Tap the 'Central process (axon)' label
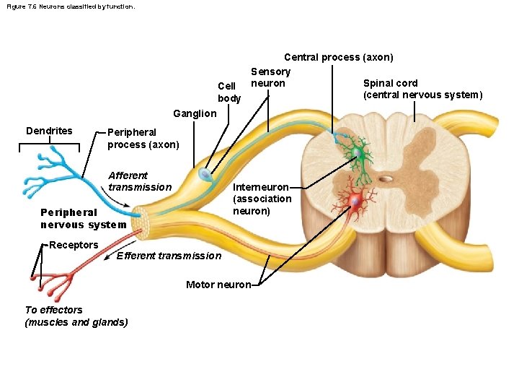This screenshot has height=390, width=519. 338,57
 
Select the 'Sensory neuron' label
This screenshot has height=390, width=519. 270,77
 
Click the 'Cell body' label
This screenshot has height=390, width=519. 229,92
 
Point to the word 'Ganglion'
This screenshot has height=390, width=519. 194,113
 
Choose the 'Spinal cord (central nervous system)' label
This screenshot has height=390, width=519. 422,89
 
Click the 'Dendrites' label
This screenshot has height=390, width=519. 49,131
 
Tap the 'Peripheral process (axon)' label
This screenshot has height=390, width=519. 143,139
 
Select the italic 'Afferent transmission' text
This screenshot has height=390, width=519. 139,181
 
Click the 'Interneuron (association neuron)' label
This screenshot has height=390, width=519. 262,199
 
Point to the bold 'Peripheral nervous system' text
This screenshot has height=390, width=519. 83,218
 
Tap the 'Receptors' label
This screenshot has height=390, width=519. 74,245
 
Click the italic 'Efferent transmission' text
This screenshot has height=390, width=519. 169,256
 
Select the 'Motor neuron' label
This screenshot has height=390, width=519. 218,285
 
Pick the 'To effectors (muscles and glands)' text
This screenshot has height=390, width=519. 76,316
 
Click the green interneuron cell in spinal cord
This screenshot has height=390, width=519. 357,153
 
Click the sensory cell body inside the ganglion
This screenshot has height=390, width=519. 206,175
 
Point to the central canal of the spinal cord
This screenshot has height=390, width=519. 387,178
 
